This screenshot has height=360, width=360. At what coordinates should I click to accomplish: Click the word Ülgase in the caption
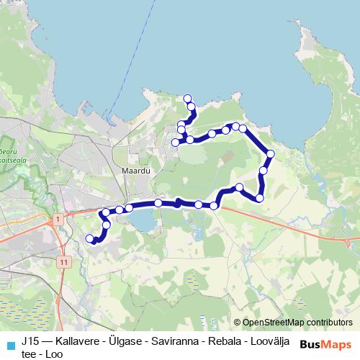[135, 338]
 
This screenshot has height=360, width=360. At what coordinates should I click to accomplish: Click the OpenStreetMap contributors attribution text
[297, 323]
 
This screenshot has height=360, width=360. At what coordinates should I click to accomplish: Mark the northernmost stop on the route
[187, 98]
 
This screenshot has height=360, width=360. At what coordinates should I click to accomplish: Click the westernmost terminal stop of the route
[89, 238]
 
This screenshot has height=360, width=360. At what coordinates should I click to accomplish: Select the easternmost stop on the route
[270, 153]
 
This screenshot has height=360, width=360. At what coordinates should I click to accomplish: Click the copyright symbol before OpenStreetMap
[238, 323]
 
